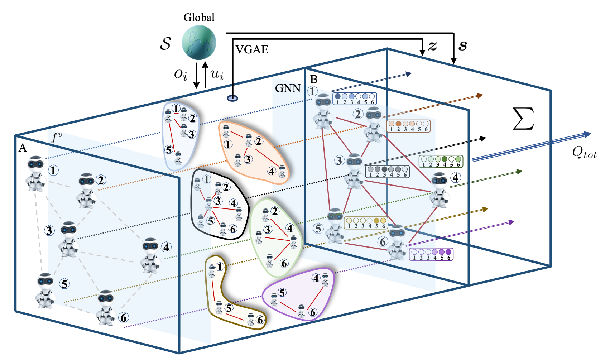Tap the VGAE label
252,49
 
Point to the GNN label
288,88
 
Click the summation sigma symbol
523,119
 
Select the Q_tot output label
584,153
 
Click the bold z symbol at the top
433,45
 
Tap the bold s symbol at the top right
463,45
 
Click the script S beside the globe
165,43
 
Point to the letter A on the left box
23,148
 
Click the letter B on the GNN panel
314,79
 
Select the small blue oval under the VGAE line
232,98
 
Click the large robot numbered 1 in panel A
36,173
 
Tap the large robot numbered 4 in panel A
150,255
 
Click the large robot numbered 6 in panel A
106,307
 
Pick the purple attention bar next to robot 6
431,254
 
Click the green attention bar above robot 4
441,161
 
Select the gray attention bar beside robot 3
387,172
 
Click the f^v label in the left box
56,137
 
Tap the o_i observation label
181,74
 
